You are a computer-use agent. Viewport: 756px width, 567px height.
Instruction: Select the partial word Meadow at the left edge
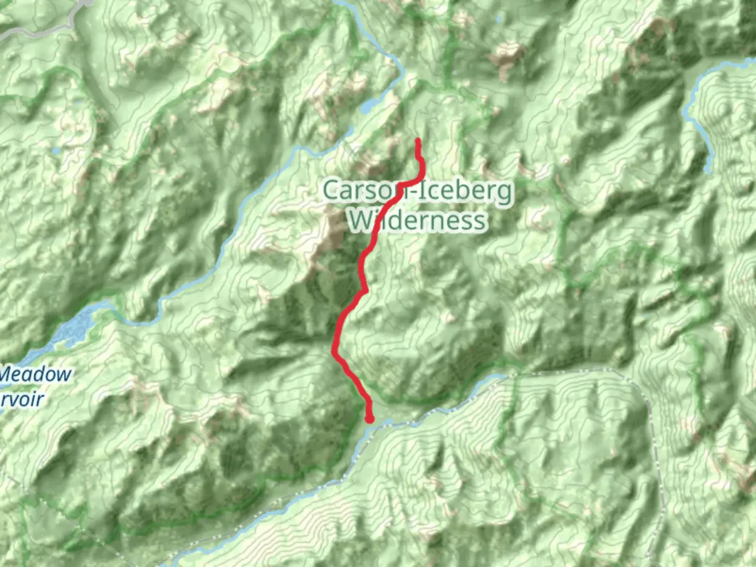(x=36, y=375)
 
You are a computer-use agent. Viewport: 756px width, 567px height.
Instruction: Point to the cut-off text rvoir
(x=22, y=400)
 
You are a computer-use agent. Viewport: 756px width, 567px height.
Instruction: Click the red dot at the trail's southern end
(x=370, y=419)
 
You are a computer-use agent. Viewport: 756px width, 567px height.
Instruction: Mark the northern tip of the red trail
(x=418, y=140)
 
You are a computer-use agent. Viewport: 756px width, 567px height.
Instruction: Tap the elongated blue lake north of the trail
(x=371, y=106)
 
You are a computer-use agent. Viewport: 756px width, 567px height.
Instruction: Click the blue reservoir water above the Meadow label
(x=73, y=328)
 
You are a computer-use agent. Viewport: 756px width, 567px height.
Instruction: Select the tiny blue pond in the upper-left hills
(x=55, y=151)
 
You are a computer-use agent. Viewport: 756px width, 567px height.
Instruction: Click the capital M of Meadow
(x=10, y=375)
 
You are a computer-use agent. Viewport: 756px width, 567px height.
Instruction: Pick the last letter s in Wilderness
(x=479, y=221)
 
